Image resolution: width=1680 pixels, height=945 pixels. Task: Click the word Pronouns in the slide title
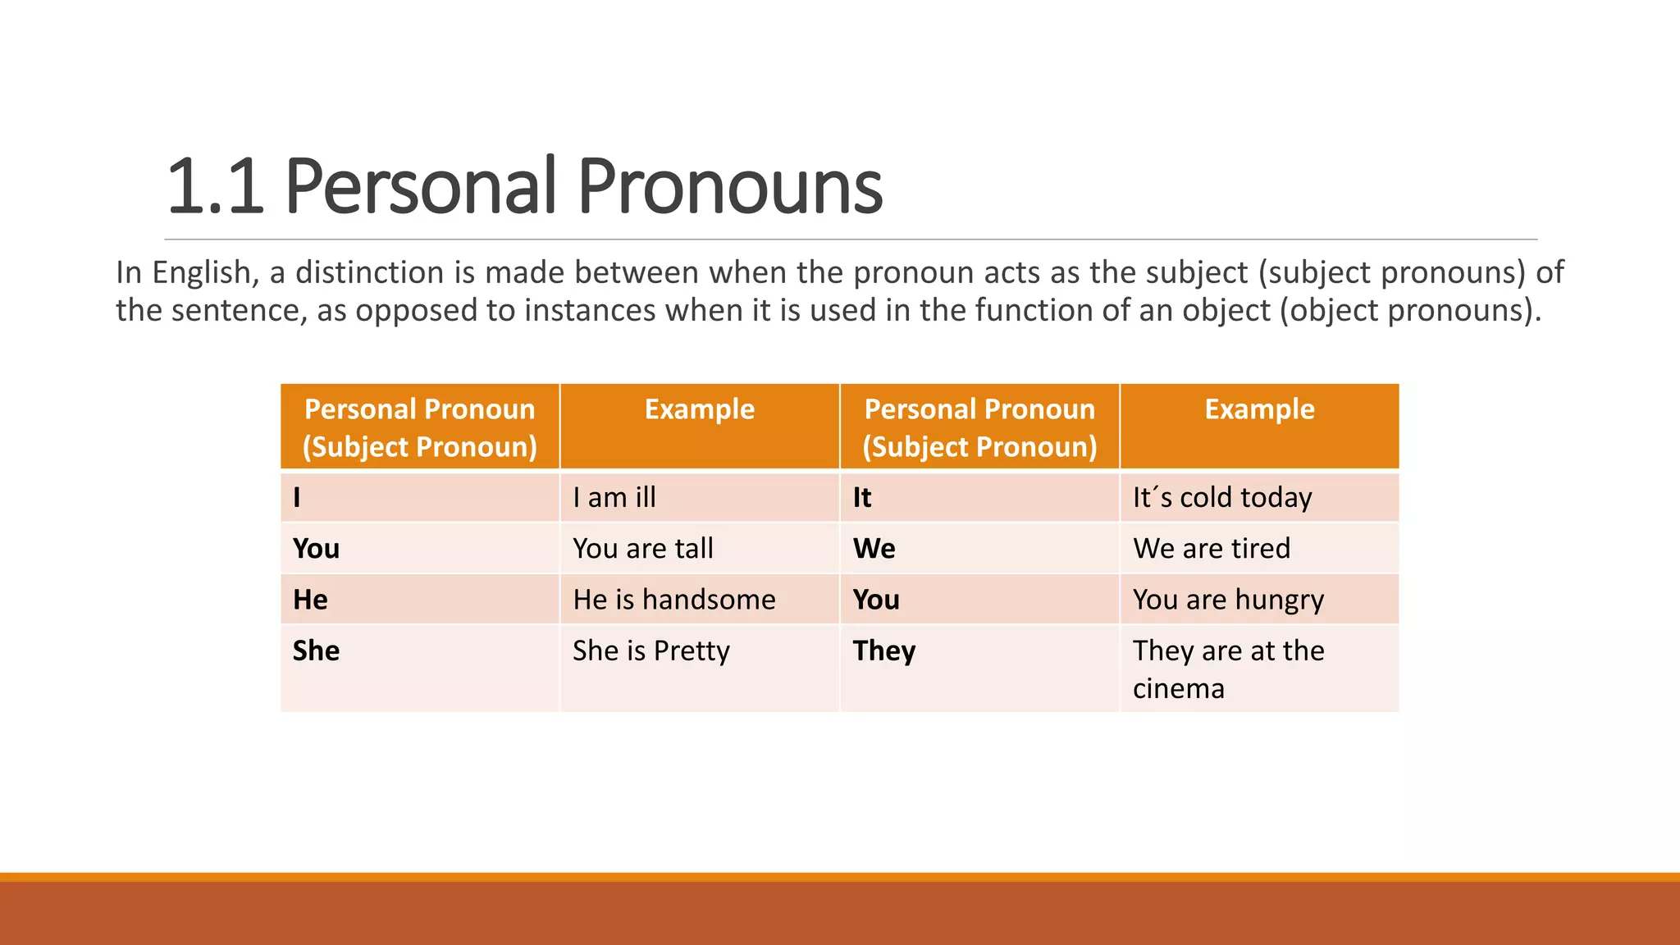point(730,187)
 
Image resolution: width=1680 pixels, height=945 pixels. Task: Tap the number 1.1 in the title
point(215,187)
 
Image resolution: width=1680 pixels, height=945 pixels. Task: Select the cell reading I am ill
point(614,498)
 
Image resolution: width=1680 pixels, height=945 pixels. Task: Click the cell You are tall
point(643,549)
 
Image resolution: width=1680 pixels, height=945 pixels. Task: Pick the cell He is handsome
point(673,600)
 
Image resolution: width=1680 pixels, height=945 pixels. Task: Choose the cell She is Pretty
point(651,651)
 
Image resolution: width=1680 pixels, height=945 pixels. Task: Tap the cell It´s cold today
point(1221,498)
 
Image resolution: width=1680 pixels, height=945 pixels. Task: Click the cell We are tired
point(1211,549)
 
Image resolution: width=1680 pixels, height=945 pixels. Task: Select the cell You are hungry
point(1228,600)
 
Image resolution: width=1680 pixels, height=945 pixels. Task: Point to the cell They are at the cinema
point(1228,669)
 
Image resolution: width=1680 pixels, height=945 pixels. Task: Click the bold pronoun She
point(316,651)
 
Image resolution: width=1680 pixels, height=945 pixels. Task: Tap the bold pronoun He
point(310,600)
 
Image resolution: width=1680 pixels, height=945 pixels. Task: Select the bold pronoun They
point(883,651)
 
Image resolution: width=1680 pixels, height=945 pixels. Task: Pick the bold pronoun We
point(874,549)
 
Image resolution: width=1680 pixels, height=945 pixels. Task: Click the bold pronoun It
point(861,498)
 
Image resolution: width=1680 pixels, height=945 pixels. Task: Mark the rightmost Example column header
point(1259,409)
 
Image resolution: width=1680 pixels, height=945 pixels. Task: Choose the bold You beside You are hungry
point(876,600)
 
